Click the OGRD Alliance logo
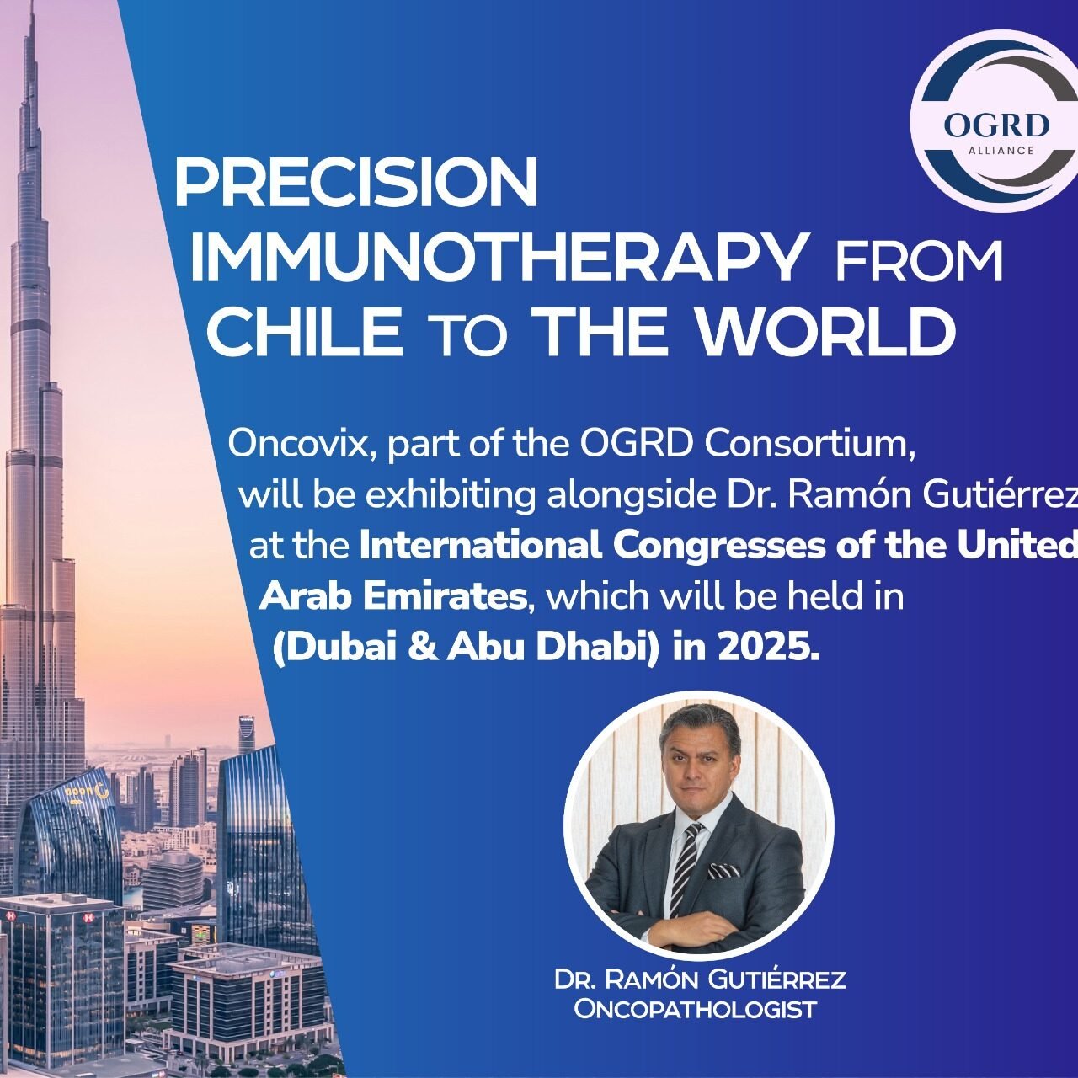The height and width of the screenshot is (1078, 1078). [x=994, y=128]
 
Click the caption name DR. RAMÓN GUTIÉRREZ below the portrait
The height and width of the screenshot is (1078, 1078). [x=700, y=979]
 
